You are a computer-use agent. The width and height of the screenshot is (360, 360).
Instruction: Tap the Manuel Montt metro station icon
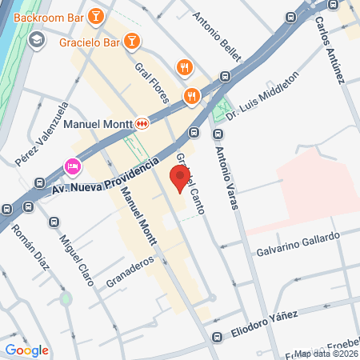pyautogui.click(x=142, y=124)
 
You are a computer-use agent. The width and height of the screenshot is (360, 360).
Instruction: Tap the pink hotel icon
pyautogui.click(x=72, y=166)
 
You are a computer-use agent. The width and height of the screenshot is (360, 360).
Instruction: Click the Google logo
pyautogui.click(x=27, y=350)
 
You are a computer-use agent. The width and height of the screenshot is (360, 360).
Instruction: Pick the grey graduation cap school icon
pyautogui.click(x=36, y=39)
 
